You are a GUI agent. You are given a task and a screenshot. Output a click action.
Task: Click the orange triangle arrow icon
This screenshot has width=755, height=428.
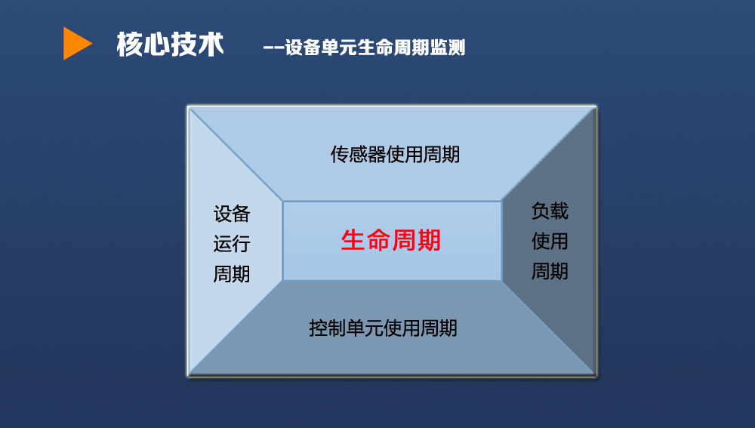(77, 43)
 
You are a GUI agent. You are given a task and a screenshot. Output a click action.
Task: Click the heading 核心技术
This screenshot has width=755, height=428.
(170, 45)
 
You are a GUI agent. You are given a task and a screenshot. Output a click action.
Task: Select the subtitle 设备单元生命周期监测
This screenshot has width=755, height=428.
(375, 48)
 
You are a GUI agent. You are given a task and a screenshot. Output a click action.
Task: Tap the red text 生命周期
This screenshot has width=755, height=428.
(390, 240)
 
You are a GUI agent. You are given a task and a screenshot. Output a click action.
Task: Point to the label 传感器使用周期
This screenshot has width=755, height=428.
(395, 154)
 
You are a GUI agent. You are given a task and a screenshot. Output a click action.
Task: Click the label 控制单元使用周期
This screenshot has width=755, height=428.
(383, 328)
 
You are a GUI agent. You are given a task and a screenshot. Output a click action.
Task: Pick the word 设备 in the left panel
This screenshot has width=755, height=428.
(232, 214)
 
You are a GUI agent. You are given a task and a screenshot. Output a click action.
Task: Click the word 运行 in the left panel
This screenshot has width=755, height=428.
(232, 244)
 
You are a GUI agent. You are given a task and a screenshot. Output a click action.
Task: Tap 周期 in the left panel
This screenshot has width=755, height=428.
(232, 273)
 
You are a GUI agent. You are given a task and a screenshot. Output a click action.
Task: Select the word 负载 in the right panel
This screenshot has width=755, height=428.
(550, 211)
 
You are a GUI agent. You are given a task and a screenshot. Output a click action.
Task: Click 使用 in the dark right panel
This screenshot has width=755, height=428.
(550, 241)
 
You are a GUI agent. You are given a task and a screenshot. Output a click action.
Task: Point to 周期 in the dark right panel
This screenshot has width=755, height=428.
(550, 270)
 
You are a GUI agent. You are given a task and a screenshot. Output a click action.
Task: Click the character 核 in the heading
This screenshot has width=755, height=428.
(130, 45)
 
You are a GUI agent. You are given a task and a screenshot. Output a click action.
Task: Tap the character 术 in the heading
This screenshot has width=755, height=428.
(211, 45)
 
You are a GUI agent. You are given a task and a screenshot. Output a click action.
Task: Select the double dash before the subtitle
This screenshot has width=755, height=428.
(273, 48)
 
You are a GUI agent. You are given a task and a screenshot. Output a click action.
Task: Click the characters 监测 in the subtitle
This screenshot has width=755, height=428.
(448, 48)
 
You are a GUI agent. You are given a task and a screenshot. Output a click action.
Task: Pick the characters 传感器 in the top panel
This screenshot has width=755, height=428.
(358, 154)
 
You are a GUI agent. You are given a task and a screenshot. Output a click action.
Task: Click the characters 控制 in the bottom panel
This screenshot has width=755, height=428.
(328, 328)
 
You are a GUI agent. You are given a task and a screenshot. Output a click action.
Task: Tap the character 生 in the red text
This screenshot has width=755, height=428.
(353, 240)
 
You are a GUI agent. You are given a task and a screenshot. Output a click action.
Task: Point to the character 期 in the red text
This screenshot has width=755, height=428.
(429, 240)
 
